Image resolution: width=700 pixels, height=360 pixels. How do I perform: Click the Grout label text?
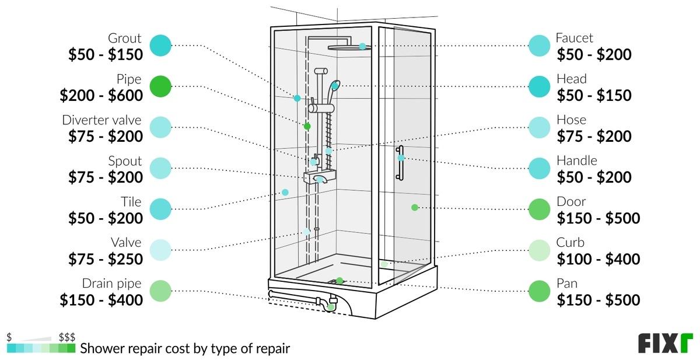pyautogui.click(x=124, y=39)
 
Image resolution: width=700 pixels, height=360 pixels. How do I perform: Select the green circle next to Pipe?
pyautogui.click(x=160, y=86)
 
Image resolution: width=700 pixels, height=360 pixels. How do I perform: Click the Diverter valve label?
pyautogui.click(x=101, y=120)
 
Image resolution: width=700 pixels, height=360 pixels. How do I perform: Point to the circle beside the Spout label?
pyautogui.click(x=160, y=168)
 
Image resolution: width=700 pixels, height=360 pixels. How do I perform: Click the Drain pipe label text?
pyautogui.click(x=112, y=284)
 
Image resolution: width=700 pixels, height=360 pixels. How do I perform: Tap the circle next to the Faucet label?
pyautogui.click(x=539, y=46)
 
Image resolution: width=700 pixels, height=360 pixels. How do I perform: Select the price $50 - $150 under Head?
pyautogui.click(x=594, y=95)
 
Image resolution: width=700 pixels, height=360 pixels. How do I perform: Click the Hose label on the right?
pyautogui.click(x=571, y=120)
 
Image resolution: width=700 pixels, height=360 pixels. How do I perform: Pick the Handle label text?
pyautogui.click(x=577, y=161)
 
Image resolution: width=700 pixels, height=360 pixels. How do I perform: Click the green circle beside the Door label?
pyautogui.click(x=539, y=209)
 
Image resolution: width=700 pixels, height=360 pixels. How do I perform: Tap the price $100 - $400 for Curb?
pyautogui.click(x=598, y=258)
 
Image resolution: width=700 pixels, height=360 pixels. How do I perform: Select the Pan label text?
pyautogui.click(x=568, y=284)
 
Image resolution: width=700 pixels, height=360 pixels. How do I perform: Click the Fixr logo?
pyautogui.click(x=665, y=343)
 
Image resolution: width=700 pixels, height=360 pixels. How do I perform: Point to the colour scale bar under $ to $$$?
pyautogui.click(x=41, y=348)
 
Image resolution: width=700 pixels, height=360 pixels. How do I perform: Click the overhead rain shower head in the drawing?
pyautogui.click(x=348, y=47)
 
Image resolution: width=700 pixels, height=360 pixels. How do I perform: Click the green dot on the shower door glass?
pyautogui.click(x=415, y=208)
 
